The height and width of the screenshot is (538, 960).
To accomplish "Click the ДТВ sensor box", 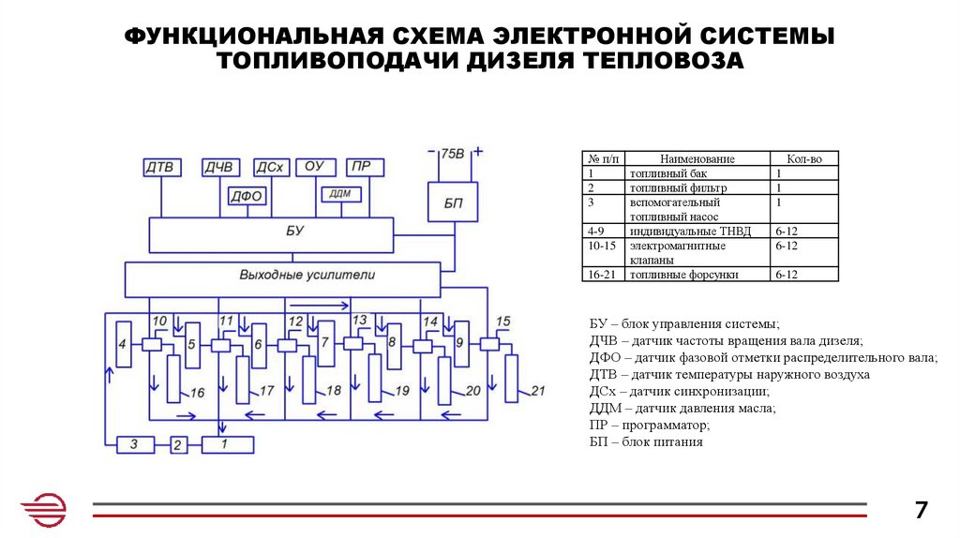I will (160, 168).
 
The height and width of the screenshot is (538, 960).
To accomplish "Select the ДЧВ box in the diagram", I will (218, 168).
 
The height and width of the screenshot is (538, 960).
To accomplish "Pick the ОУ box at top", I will (315, 168).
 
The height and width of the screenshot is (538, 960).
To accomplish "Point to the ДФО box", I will (247, 196).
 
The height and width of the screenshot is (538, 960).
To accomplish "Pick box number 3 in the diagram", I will (135, 445).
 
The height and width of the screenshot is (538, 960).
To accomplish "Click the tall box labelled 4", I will (122, 345).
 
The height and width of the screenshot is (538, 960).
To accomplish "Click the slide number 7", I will (921, 510).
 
